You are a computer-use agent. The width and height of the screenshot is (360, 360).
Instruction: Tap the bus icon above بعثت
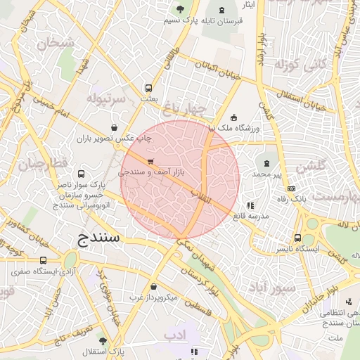148,89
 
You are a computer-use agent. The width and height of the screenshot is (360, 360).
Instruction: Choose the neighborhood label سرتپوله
105,98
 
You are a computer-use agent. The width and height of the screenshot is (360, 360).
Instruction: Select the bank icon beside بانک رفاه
291,188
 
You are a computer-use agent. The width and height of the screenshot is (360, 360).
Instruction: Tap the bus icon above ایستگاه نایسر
298,238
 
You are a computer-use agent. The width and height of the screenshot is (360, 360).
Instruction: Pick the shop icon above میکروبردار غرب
153,286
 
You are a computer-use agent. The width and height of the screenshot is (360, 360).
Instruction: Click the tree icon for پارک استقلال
103,340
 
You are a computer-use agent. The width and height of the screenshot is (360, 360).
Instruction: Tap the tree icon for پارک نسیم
181,9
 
